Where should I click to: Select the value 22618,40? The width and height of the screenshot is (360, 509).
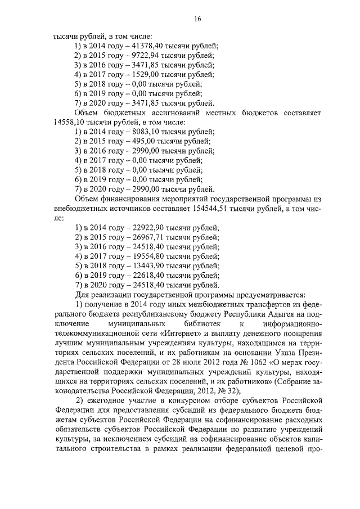click(x=134, y=275)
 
